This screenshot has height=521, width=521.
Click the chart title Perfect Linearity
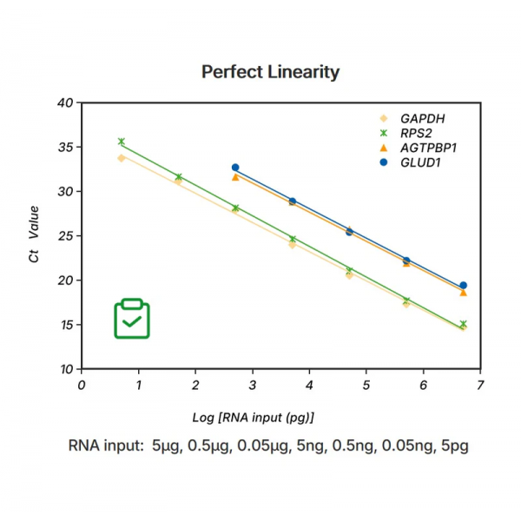click(x=270, y=71)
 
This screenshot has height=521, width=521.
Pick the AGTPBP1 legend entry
click(x=428, y=148)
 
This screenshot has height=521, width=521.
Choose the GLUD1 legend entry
click(x=420, y=162)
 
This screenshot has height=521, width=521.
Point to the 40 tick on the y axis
click(x=65, y=102)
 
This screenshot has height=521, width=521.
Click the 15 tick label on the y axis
click(x=65, y=326)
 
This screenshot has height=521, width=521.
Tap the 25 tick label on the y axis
click(x=65, y=236)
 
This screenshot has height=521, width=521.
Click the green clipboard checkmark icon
click(x=132, y=319)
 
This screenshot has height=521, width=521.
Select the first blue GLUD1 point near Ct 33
click(x=235, y=167)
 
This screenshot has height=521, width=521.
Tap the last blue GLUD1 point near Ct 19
click(x=463, y=285)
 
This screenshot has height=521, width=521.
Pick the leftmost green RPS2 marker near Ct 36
click(x=122, y=142)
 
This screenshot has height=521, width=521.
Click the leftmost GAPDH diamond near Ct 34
click(x=122, y=158)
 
